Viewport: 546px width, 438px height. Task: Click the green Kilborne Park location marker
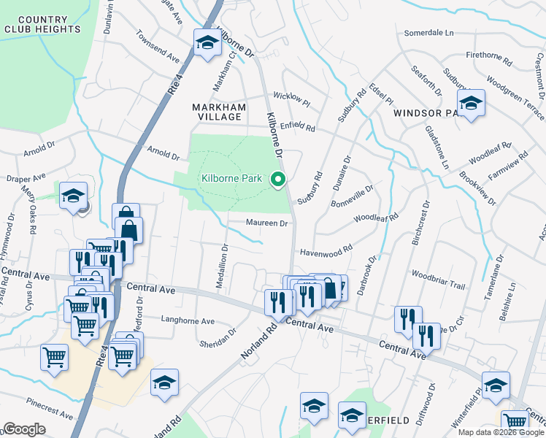click(x=277, y=178)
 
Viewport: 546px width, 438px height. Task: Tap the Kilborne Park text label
click(x=232, y=178)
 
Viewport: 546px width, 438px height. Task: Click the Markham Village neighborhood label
click(x=216, y=112)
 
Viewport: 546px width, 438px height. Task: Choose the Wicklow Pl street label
click(x=292, y=96)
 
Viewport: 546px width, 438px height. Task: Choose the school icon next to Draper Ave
click(x=74, y=196)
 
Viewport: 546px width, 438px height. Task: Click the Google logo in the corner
click(x=24, y=429)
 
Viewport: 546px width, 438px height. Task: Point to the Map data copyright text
click(x=500, y=432)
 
